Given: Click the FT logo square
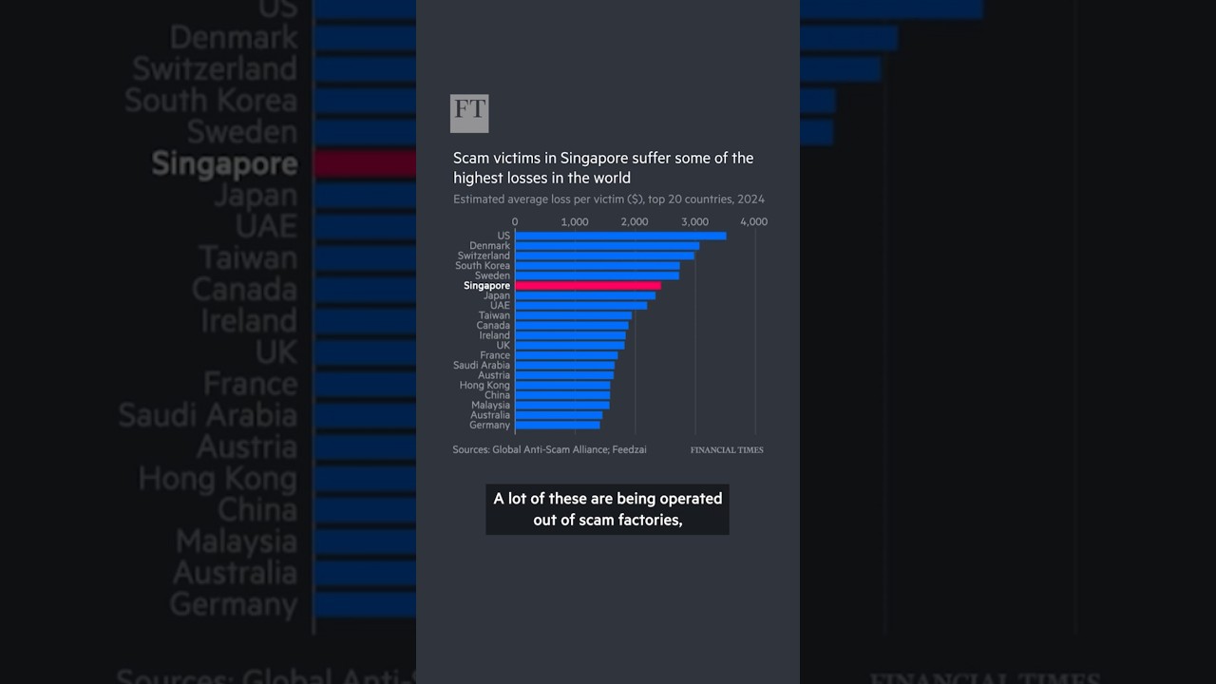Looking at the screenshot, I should pyautogui.click(x=469, y=113).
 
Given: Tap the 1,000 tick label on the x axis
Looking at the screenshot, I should pyautogui.click(x=575, y=221).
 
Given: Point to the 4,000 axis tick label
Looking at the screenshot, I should pyautogui.click(x=753, y=221).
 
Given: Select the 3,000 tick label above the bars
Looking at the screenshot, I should pyautogui.click(x=694, y=221).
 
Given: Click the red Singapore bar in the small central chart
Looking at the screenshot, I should pyautogui.click(x=587, y=286).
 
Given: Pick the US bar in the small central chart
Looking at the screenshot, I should pyautogui.click(x=620, y=236).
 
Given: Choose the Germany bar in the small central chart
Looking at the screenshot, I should pyautogui.click(x=557, y=425).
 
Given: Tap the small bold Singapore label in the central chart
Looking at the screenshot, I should pyautogui.click(x=486, y=286).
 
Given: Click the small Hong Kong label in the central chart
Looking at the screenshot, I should pyautogui.click(x=484, y=385).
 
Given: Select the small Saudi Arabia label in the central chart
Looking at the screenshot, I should pyautogui.click(x=482, y=365).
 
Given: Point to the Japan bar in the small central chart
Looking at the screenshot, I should pyautogui.click(x=584, y=295).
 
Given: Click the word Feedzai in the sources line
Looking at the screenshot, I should pyautogui.click(x=627, y=449).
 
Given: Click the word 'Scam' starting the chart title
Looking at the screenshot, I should pyautogui.click(x=469, y=158).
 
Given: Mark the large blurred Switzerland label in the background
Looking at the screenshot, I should pyautogui.click(x=215, y=68).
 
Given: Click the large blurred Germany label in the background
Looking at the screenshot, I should pyautogui.click(x=234, y=604).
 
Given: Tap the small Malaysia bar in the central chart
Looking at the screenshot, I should pyautogui.click(x=561, y=405).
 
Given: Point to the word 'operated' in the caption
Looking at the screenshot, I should pyautogui.click(x=687, y=498).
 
